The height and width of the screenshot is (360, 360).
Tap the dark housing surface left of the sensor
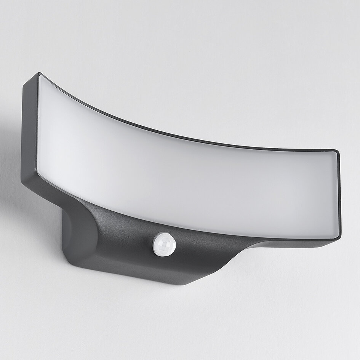click(x=122, y=236)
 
